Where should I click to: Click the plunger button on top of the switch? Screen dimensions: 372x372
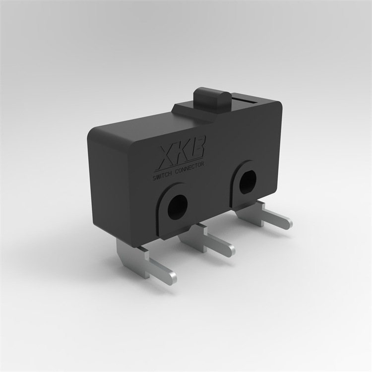(212, 96)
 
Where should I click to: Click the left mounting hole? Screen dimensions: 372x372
(177, 207)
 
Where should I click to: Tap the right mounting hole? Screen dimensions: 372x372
(248, 182)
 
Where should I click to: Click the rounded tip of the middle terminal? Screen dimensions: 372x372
(230, 250)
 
